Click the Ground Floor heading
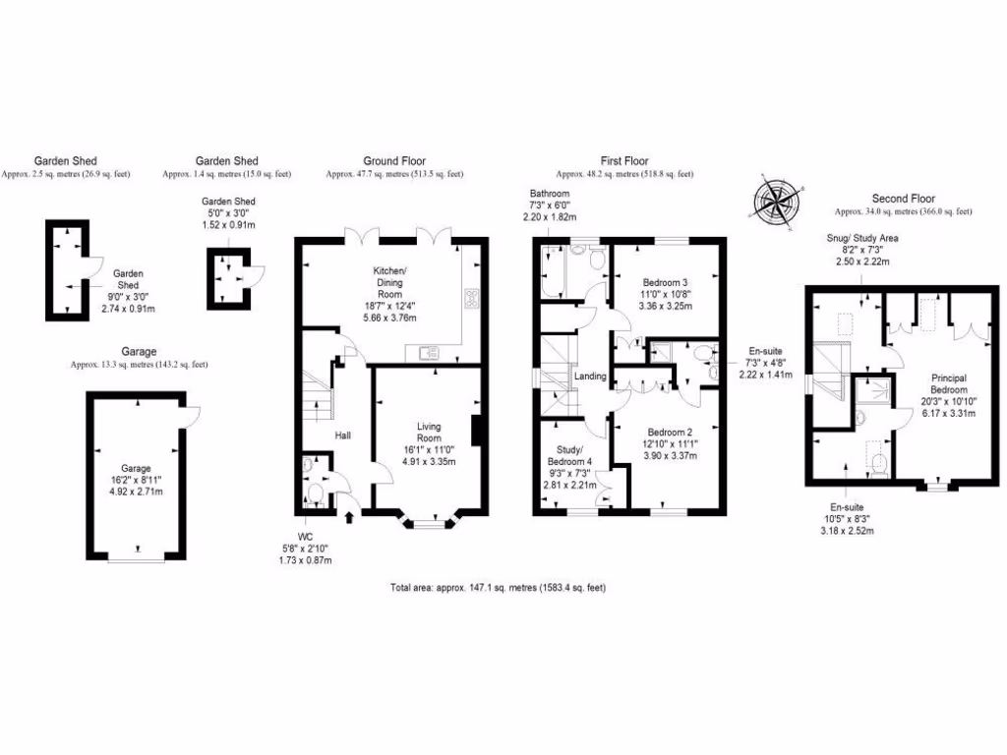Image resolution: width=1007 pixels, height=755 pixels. click(394, 161)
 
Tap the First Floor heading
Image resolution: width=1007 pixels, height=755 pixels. click(624, 161)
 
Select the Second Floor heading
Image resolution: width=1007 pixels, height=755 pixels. click(903, 198)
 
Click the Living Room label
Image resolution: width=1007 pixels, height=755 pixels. click(428, 432)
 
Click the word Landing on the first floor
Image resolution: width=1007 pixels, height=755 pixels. click(590, 377)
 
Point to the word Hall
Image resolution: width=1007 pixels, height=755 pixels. click(343, 435)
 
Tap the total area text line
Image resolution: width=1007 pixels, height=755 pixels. click(498, 588)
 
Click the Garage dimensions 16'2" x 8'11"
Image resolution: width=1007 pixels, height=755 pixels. click(134, 482)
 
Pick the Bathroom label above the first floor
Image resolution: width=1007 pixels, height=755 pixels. click(550, 193)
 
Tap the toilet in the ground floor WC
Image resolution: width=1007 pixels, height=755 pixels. click(317, 489)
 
